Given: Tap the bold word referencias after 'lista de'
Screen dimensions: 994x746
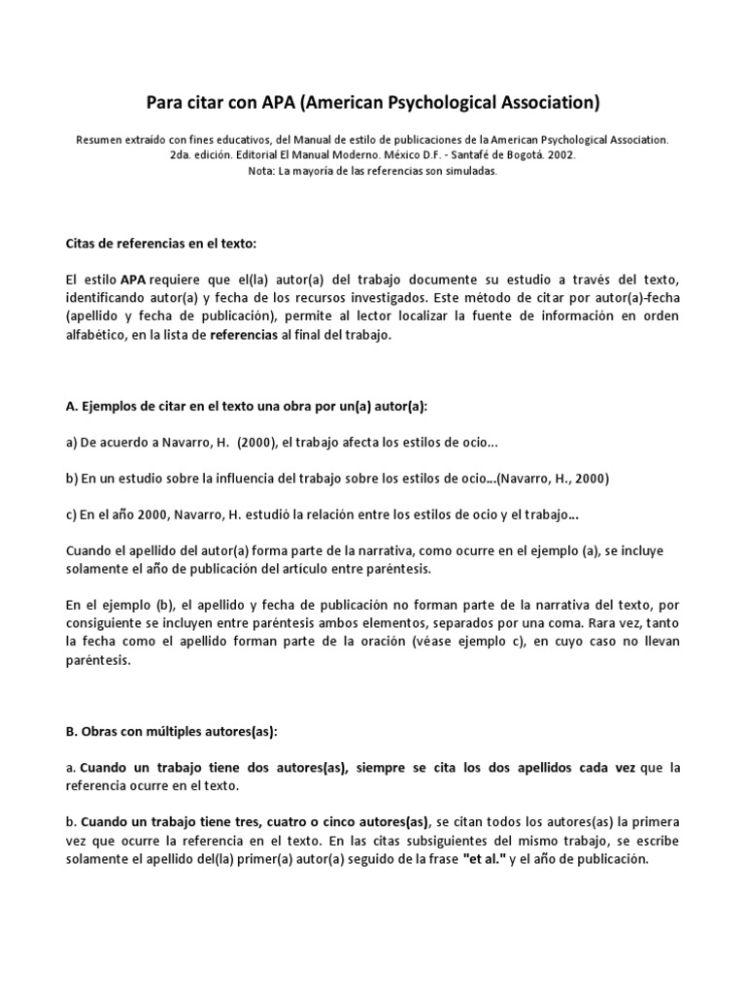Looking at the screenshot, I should tap(244, 335).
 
